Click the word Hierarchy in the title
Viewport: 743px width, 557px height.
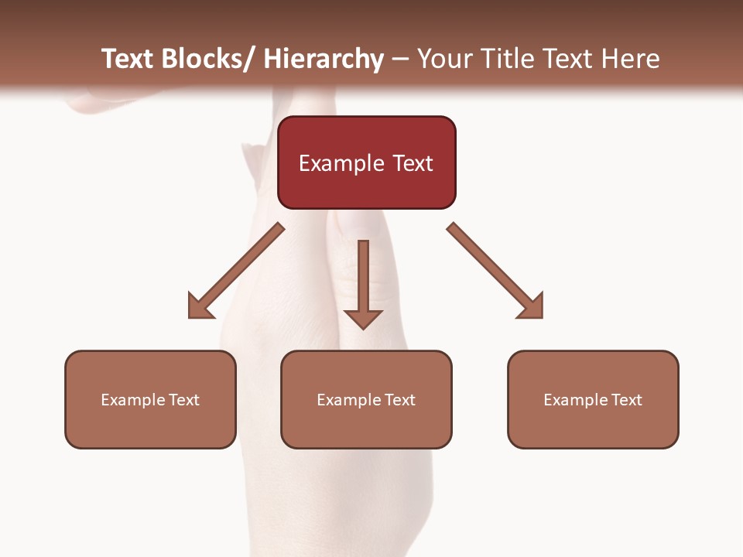324,59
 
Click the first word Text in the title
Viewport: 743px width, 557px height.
129,59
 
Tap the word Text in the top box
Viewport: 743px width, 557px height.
411,163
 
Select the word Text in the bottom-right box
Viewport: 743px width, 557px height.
625,400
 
